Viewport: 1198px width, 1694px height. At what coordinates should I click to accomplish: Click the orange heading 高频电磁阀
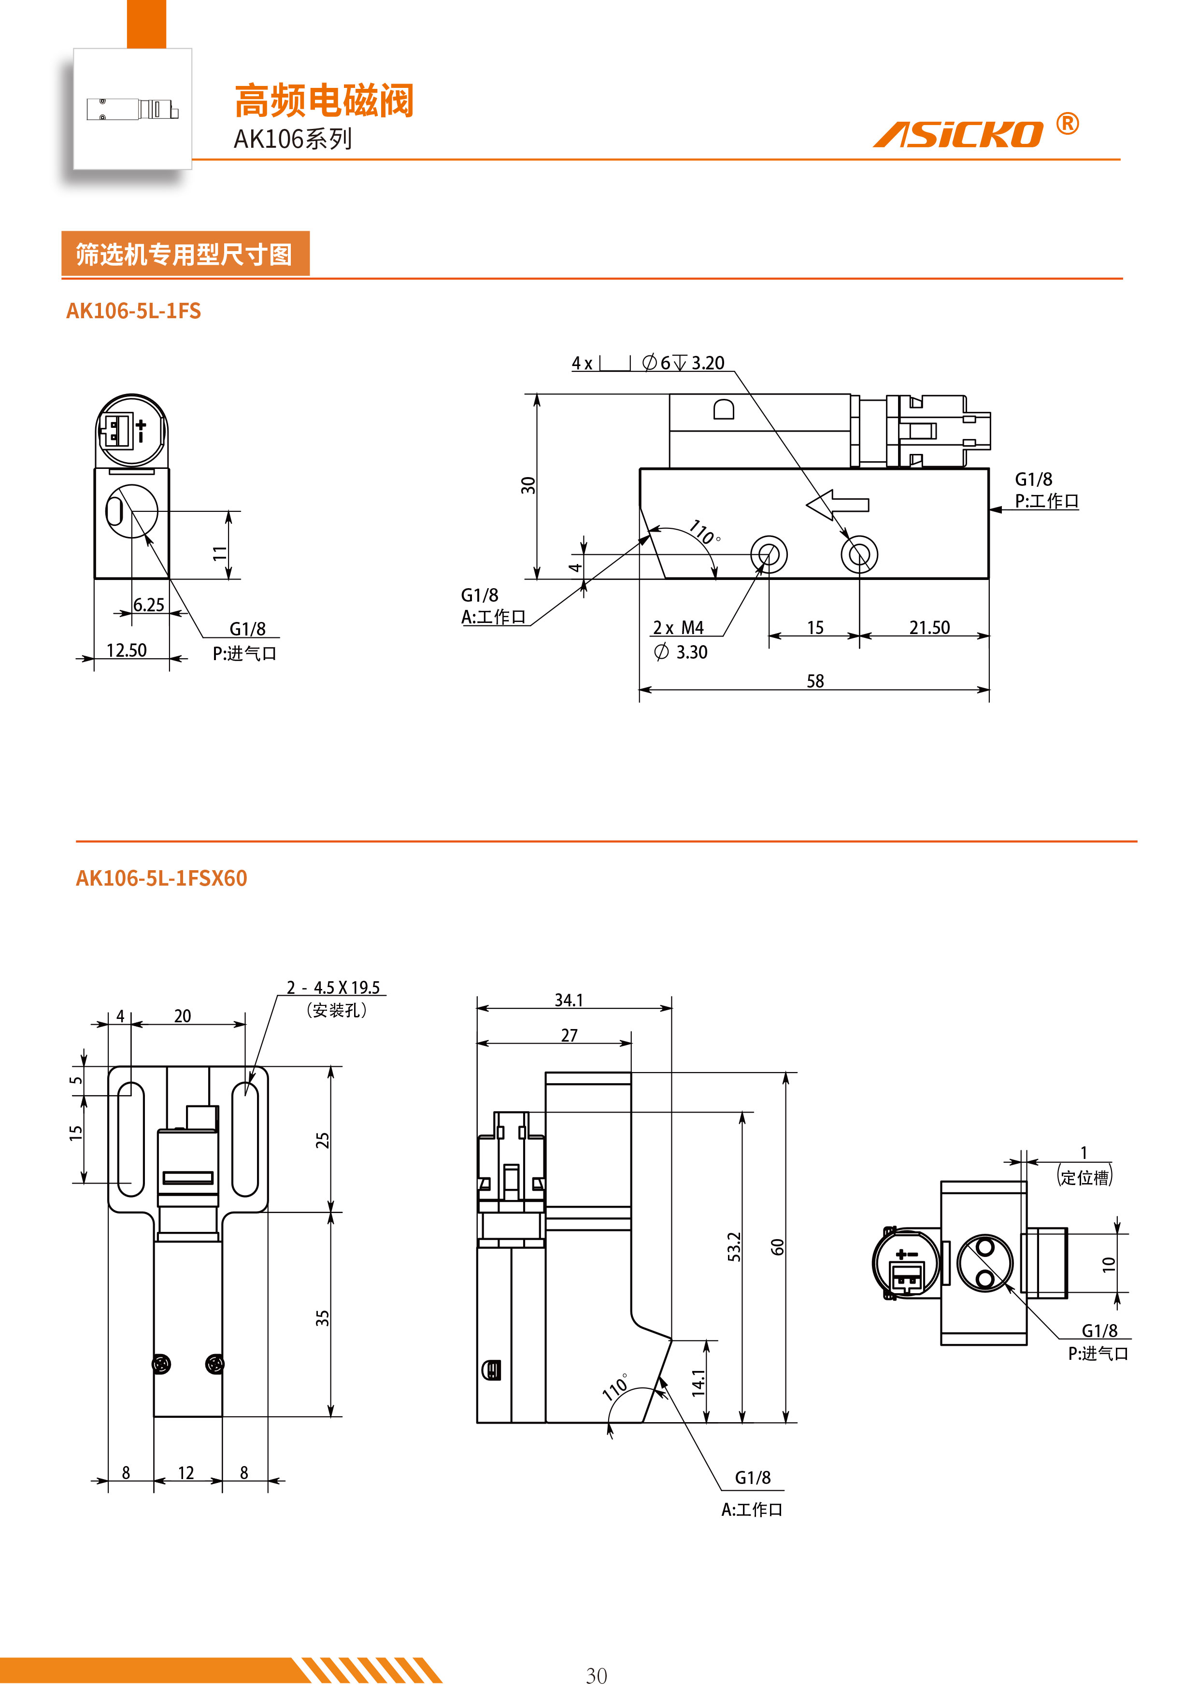324,101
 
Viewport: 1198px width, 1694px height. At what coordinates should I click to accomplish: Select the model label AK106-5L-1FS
134,311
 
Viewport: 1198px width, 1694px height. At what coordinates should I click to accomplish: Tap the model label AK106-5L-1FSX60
162,878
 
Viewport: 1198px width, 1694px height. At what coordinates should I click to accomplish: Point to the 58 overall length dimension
815,681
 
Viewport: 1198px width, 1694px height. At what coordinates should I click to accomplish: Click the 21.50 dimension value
929,628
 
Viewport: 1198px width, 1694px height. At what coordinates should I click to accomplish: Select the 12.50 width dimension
126,650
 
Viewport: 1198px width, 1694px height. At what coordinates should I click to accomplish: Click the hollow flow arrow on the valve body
838,506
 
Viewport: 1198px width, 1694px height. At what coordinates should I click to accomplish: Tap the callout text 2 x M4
678,628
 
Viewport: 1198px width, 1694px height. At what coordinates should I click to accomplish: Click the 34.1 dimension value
569,1000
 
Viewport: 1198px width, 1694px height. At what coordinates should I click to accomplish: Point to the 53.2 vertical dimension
734,1247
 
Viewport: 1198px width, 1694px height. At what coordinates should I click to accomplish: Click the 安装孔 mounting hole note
337,1010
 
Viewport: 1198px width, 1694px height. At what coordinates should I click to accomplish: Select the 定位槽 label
1085,1177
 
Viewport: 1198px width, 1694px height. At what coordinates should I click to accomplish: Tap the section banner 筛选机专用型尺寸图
185,254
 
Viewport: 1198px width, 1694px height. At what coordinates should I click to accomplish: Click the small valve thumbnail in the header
133,109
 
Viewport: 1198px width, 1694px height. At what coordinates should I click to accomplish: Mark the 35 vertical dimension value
322,1318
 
